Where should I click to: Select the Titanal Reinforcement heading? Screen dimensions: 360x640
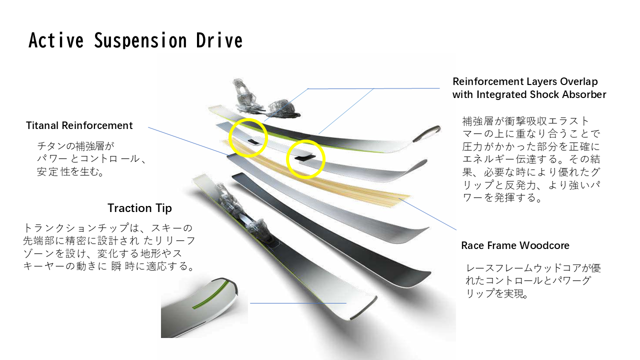tap(79, 125)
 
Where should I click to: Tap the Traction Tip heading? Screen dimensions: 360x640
tap(139, 208)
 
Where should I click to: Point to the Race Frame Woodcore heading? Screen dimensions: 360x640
tap(515, 245)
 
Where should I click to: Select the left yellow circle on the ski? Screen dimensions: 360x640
tap(248, 137)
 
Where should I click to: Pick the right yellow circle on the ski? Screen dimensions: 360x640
tap(305, 159)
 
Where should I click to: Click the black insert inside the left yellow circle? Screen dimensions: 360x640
tap(254, 141)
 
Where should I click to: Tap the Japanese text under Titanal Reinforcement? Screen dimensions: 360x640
tap(90, 159)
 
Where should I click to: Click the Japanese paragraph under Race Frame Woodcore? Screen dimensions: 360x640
tap(532, 281)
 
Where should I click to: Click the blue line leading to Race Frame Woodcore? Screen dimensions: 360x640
tap(430, 215)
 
